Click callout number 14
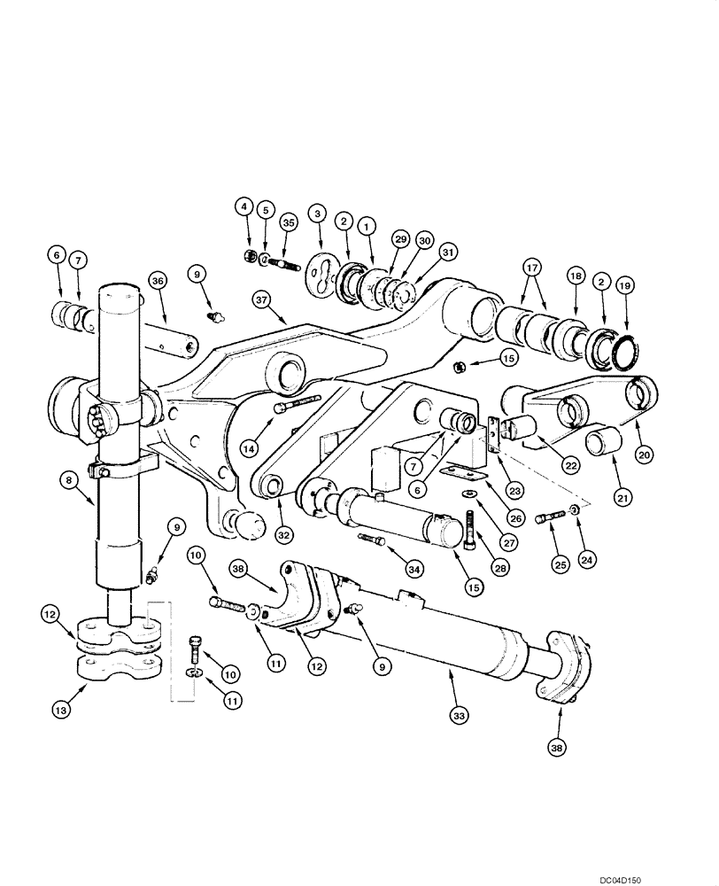(x=251, y=448)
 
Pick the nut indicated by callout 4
(x=249, y=256)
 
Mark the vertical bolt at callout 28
(x=469, y=527)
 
